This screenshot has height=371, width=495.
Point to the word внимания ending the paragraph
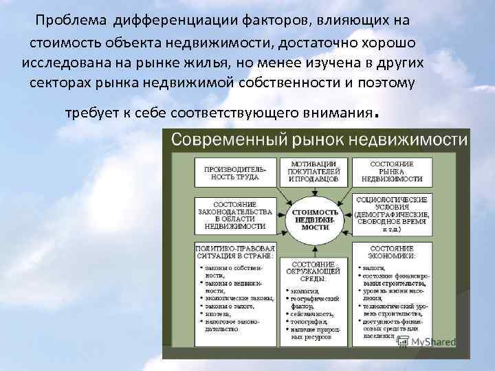pos(334,112)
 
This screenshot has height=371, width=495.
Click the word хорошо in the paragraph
pos(386,41)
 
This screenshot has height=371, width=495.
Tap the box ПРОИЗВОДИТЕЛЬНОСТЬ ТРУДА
pos(235,172)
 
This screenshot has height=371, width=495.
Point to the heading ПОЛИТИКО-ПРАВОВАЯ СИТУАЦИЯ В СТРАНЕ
pos(235,251)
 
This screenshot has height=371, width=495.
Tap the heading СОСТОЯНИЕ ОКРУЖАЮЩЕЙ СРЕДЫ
pos(313,271)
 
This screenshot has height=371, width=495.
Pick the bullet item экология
pos(307,291)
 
